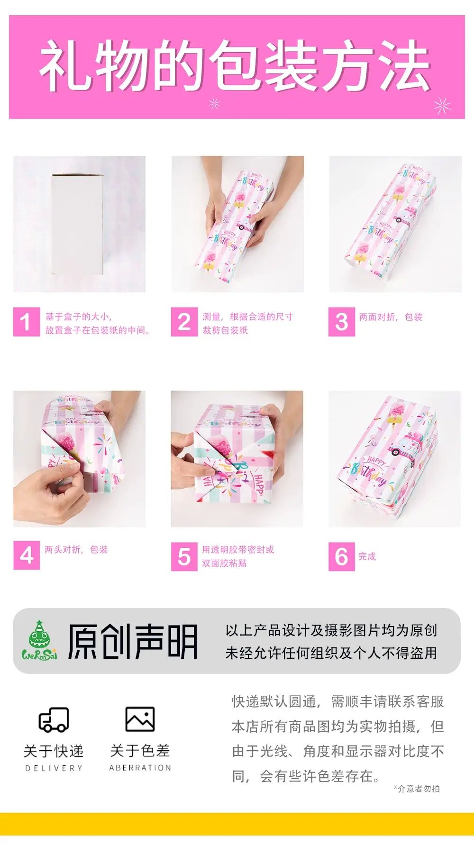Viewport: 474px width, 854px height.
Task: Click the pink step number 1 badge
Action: click(26, 322)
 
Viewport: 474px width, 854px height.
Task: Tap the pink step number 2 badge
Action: click(184, 322)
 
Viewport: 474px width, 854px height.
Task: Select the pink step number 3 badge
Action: click(341, 322)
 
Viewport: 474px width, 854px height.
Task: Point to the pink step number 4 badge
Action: click(26, 555)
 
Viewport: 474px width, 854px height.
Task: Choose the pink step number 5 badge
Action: click(184, 556)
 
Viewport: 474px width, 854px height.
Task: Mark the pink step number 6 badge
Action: click(341, 556)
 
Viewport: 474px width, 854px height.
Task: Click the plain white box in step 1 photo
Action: click(77, 225)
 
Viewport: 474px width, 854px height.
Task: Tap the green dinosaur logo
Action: click(39, 640)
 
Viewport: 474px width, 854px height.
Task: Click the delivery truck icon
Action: click(54, 720)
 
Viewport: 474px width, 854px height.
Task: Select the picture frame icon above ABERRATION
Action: click(140, 719)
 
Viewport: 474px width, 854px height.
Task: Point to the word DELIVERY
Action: click(54, 768)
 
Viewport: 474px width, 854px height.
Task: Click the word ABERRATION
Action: click(140, 768)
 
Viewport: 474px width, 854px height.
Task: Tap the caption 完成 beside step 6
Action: click(367, 556)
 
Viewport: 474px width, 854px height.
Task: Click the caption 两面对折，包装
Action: click(391, 317)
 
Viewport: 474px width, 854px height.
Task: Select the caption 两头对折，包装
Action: click(76, 550)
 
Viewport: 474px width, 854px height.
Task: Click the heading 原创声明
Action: click(132, 642)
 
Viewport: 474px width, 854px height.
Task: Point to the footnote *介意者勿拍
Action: click(417, 789)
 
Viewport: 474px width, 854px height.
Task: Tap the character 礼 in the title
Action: click(65, 65)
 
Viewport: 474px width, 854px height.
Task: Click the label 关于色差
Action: click(140, 751)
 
